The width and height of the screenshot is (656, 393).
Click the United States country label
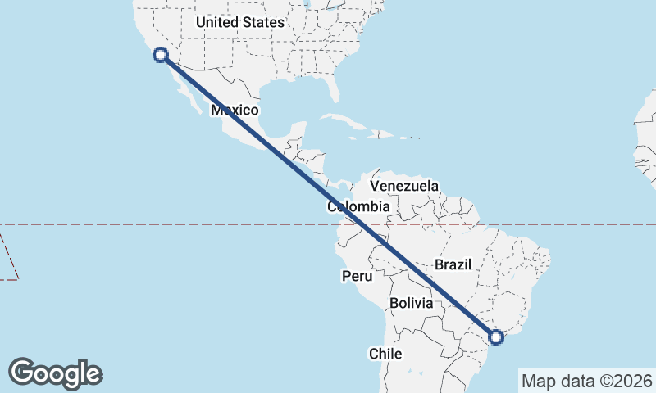click(x=239, y=23)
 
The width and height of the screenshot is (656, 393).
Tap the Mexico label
click(x=235, y=110)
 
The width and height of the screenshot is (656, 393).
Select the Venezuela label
click(x=404, y=187)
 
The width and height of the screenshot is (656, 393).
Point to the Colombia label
click(x=358, y=206)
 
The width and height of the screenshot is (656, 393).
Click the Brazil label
click(x=452, y=264)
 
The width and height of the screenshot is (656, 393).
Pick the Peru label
click(x=358, y=276)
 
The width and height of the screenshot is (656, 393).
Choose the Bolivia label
click(x=411, y=303)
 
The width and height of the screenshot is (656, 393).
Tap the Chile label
click(x=385, y=354)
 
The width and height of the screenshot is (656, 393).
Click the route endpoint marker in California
click(x=161, y=55)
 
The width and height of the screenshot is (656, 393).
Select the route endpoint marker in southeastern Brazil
click(x=496, y=336)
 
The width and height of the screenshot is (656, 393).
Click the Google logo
click(x=55, y=373)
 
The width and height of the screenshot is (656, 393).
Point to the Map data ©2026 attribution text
click(x=586, y=381)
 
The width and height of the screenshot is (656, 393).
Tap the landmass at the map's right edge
click(x=645, y=147)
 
